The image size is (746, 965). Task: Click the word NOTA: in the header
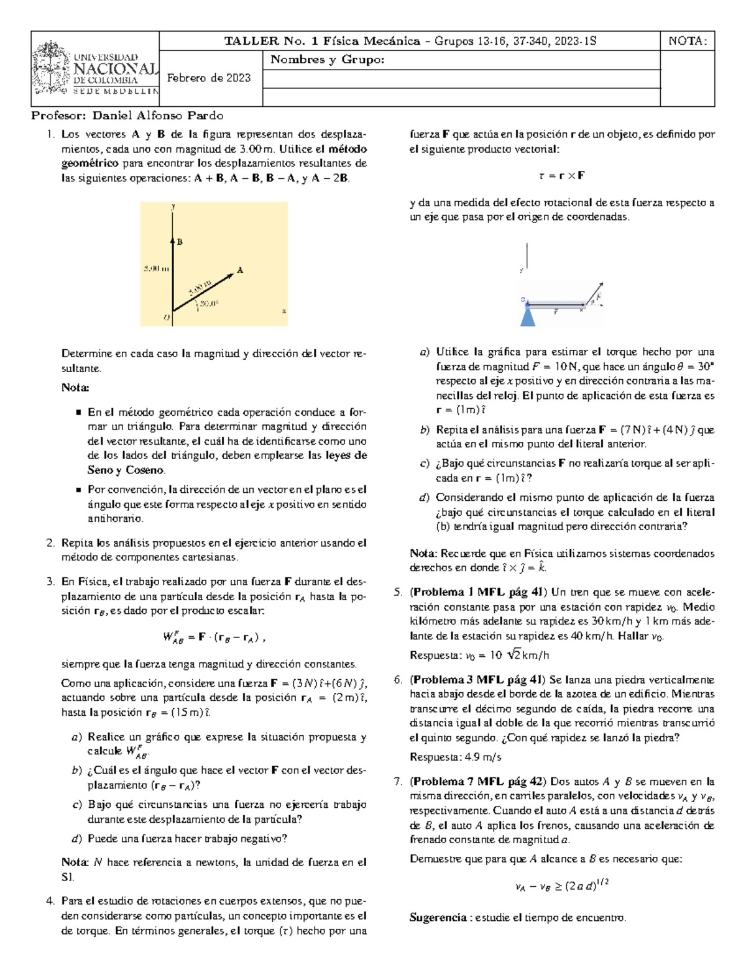pos(687,42)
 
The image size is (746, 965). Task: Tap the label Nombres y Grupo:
pos(328,60)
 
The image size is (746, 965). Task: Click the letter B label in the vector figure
pos(180,242)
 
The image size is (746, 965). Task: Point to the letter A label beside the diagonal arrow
pos(240,270)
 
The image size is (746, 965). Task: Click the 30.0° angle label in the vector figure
pos(210,304)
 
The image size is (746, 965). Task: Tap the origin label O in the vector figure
pos(166,318)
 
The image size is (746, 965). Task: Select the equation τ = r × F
pos(561,176)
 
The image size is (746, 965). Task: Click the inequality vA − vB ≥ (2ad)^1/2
pos(561,886)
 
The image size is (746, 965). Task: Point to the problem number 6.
pos(398,680)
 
